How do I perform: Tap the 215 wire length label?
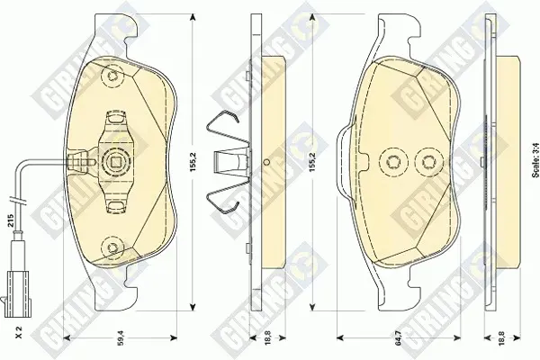click(10, 220)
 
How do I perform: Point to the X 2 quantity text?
click(19, 332)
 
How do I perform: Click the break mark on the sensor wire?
click(16, 200)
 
